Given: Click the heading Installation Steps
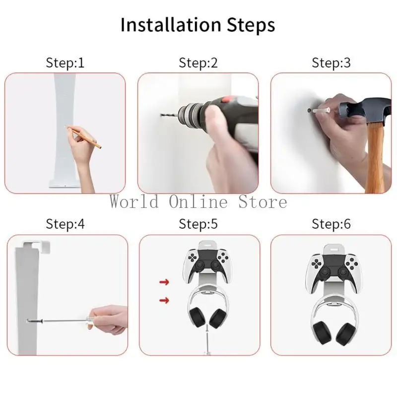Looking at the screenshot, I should point(198,25).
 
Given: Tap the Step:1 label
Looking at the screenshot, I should point(65,63).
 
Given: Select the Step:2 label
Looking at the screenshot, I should point(198,63).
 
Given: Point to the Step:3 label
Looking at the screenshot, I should point(331,63).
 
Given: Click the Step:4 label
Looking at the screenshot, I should point(65,224).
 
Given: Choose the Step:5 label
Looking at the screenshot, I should point(198,224).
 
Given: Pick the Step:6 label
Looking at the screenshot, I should point(331,224).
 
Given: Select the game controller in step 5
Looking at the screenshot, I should point(203,263).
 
